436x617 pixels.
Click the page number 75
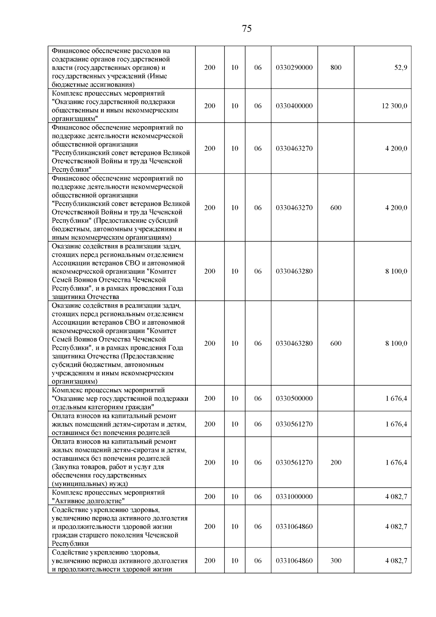click(246, 29)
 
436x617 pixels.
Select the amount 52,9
click(400, 68)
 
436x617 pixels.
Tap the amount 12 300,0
click(394, 106)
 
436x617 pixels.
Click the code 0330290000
click(294, 68)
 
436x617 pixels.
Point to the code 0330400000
click(294, 106)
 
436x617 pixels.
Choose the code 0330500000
click(294, 398)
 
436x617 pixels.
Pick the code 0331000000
click(294, 497)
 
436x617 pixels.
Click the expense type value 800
click(336, 68)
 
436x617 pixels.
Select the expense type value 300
click(336, 561)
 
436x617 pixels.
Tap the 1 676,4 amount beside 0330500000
click(396, 398)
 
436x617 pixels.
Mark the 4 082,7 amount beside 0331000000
click(396, 497)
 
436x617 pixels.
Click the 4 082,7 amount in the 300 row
click(396, 561)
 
